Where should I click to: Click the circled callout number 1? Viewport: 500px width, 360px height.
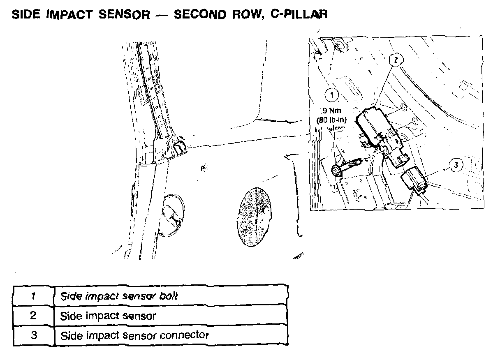(331, 95)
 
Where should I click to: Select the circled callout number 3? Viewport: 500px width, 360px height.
(456, 165)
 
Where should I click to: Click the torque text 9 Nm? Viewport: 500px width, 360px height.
(331, 111)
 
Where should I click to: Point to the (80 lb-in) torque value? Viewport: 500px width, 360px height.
(332, 120)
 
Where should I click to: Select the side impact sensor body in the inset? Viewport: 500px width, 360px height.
(372, 125)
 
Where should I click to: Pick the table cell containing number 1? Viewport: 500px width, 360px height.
(33, 295)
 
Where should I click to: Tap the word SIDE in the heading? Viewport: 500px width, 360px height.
(26, 15)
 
